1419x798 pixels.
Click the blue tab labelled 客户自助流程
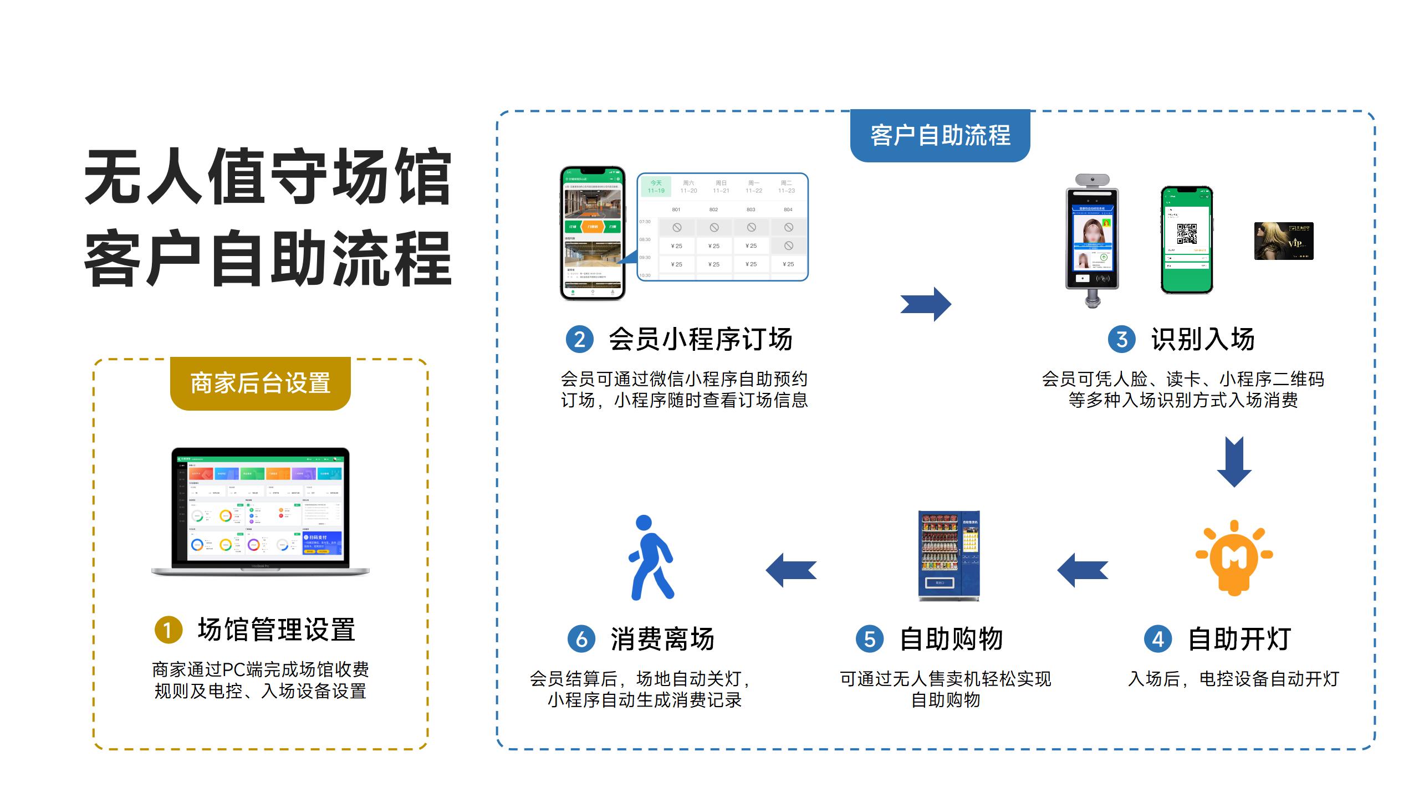coord(940,136)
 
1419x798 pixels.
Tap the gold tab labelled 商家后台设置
coord(260,383)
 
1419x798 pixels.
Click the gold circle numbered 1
coord(169,630)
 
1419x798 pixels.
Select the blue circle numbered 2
coord(579,339)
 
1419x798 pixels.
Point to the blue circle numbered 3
coord(1121,339)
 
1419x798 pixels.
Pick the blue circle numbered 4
coord(1158,639)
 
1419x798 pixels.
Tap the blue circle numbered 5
coord(869,639)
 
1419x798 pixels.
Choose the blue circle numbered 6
coord(581,639)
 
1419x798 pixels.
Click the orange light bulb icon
coord(1234,557)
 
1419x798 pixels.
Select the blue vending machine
coord(949,556)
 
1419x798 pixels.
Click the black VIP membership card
coord(1284,241)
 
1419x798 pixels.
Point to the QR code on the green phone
coord(1187,234)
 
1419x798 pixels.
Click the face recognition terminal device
coord(1092,238)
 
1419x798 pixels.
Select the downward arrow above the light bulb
coord(1234,462)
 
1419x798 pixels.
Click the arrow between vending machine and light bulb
coord(1082,570)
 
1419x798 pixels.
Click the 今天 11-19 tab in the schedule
coord(656,187)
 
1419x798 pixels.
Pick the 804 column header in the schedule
coord(788,209)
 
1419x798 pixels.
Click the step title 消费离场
coord(662,639)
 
